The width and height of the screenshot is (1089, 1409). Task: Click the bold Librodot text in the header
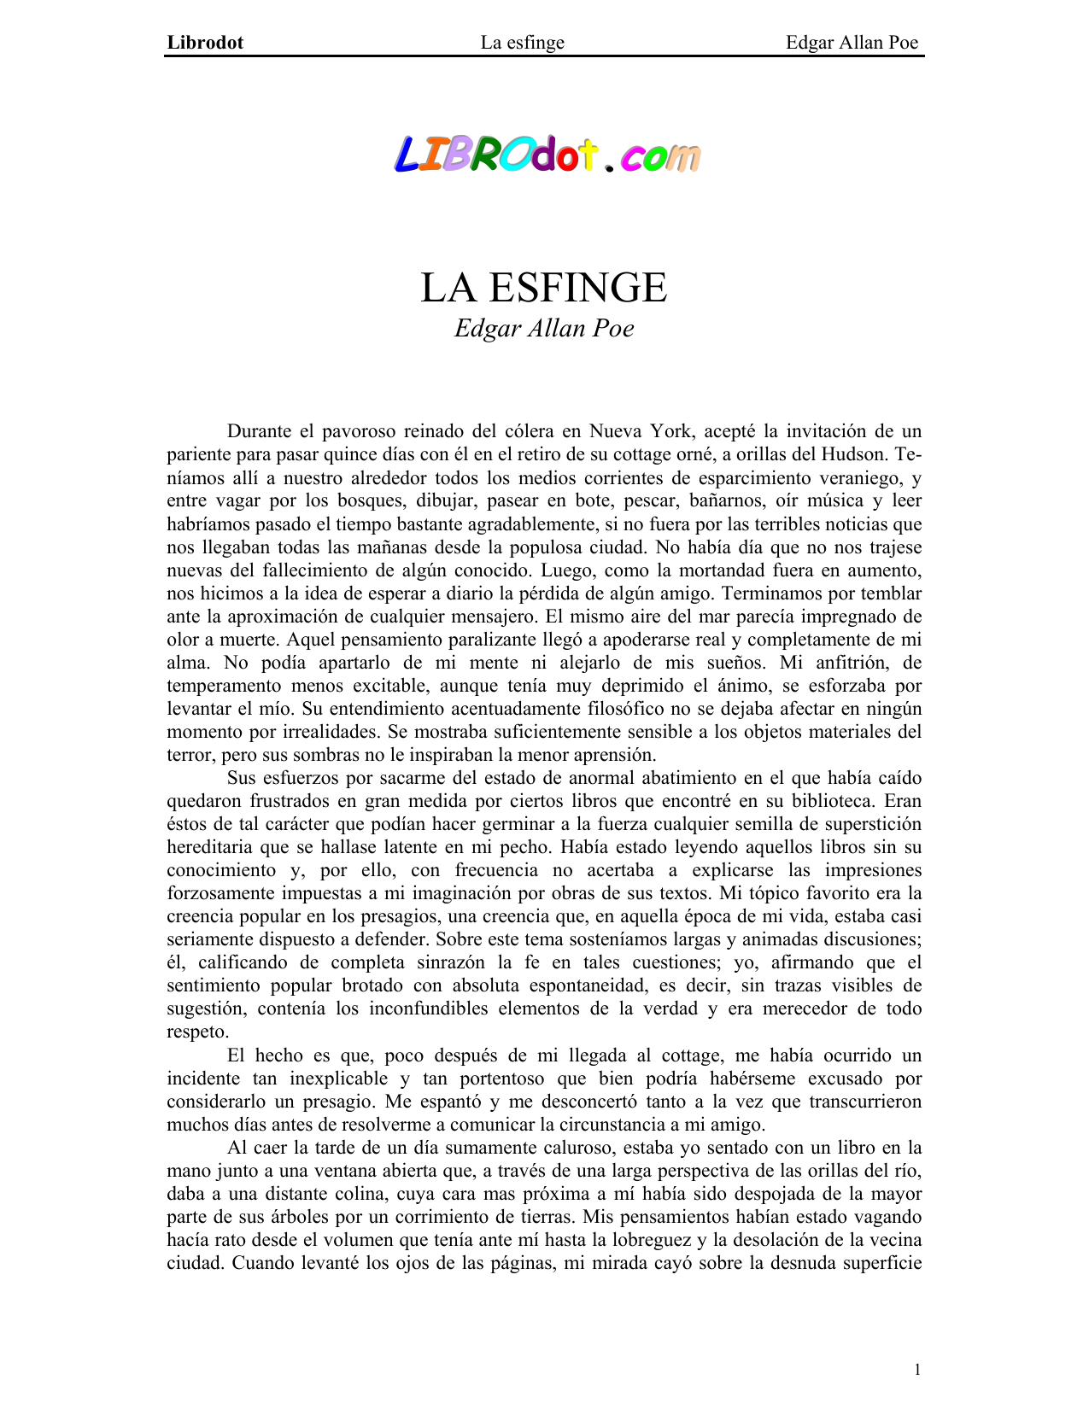coord(205,43)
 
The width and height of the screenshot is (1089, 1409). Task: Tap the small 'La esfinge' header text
coord(522,43)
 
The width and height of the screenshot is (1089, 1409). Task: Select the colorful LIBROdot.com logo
coord(547,156)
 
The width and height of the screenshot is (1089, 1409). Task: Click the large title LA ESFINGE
coord(543,288)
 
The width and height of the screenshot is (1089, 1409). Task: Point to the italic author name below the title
coord(544,329)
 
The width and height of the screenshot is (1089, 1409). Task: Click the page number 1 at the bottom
coord(917,1370)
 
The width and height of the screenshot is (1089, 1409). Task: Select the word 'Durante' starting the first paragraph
coord(260,431)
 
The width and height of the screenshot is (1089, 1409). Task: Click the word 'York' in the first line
coord(670,431)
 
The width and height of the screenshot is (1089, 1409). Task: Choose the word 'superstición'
coord(869,823)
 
